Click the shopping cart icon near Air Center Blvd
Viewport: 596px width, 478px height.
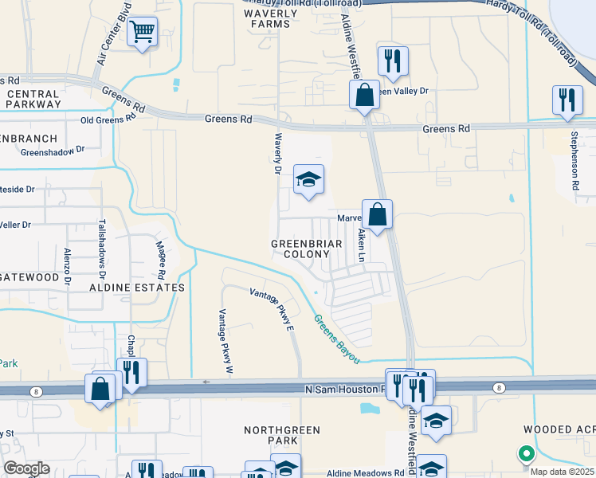pyautogui.click(x=143, y=33)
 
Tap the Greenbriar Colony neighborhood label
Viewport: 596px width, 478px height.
pyautogui.click(x=306, y=249)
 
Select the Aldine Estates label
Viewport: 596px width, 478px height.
pyautogui.click(x=137, y=287)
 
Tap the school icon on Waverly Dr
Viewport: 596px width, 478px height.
pyautogui.click(x=308, y=179)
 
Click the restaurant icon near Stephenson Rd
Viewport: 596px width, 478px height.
pyautogui.click(x=567, y=100)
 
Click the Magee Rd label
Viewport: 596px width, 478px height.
pyautogui.click(x=160, y=256)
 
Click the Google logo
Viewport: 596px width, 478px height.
pyautogui.click(x=25, y=468)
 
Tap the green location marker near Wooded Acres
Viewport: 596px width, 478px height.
pyautogui.click(x=526, y=454)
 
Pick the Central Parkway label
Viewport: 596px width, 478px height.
pyautogui.click(x=33, y=99)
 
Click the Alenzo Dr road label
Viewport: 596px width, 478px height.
pyautogui.click(x=67, y=266)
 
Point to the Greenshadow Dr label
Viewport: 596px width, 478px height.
pyautogui.click(x=53, y=151)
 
